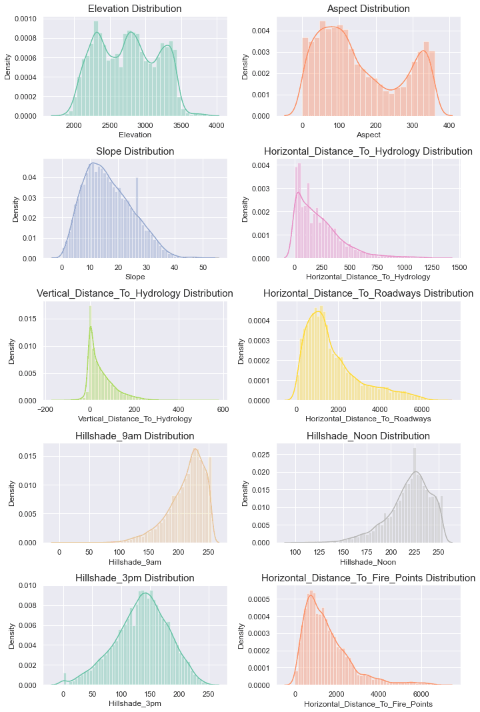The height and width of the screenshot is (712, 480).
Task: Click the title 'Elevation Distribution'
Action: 135,9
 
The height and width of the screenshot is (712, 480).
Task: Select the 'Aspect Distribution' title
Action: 368,9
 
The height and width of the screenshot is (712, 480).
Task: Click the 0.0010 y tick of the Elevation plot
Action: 27,19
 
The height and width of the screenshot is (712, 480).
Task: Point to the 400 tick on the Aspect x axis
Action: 449,125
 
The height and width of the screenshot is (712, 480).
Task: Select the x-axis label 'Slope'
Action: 135,276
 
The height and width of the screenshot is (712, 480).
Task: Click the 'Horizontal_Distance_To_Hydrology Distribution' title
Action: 368,151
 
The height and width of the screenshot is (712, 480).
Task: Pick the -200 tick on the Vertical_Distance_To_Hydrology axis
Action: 45,410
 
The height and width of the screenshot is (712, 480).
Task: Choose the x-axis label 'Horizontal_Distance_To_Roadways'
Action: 368,419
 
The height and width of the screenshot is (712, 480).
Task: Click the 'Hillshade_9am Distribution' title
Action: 135,436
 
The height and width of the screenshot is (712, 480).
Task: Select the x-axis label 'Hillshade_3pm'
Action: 135,703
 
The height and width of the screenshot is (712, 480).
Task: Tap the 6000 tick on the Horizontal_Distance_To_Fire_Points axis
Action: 421,695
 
